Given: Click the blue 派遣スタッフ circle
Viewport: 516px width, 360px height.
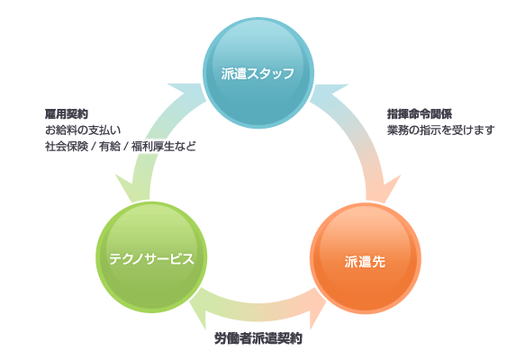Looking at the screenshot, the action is pyautogui.click(x=258, y=73).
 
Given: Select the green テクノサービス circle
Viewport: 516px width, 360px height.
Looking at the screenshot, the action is pyautogui.click(x=151, y=257).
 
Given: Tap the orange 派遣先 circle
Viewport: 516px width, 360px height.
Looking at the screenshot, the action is pyautogui.click(x=366, y=258).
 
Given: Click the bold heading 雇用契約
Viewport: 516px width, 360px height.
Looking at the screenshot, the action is pyautogui.click(x=67, y=114).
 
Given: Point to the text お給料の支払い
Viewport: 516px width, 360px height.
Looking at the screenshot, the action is pyautogui.click(x=83, y=130).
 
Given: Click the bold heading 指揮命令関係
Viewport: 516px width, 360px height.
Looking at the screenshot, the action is pyautogui.click(x=420, y=114).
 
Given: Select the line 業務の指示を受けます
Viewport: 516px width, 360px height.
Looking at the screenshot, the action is pyautogui.click(x=440, y=130).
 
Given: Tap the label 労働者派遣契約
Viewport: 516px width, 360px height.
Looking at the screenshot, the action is pyautogui.click(x=258, y=338).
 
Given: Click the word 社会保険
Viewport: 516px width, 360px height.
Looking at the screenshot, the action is pyautogui.click(x=67, y=147).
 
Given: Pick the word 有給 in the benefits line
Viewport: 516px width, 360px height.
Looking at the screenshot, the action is pyautogui.click(x=110, y=147).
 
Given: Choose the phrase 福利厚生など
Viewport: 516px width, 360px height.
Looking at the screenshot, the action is pyautogui.click(x=164, y=147).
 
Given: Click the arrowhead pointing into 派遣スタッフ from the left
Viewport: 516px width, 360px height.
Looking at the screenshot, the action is pyautogui.click(x=186, y=93).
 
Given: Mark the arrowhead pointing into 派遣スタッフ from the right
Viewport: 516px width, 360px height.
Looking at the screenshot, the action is pyautogui.click(x=329, y=93).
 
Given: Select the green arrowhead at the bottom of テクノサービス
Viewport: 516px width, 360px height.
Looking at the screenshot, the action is pyautogui.click(x=200, y=308).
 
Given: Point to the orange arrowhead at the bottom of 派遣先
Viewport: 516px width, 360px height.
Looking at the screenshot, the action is pyautogui.click(x=317, y=309).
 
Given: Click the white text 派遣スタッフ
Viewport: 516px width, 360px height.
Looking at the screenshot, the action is pyautogui.click(x=258, y=73).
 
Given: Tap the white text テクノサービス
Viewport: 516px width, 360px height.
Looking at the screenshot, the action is pyautogui.click(x=151, y=258).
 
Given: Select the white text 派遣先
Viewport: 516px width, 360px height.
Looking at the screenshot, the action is pyautogui.click(x=365, y=262).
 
